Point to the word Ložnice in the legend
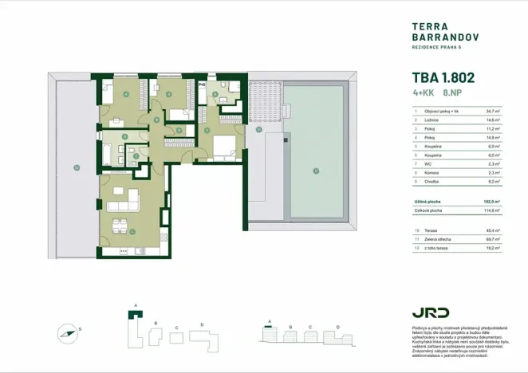[x=431, y=120]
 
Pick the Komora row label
[x=431, y=172]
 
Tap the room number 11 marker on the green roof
[x=316, y=171]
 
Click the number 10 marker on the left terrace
[x=76, y=167]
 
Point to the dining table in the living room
[x=120, y=226]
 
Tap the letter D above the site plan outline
[x=202, y=324]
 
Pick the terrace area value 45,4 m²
[x=492, y=230]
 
